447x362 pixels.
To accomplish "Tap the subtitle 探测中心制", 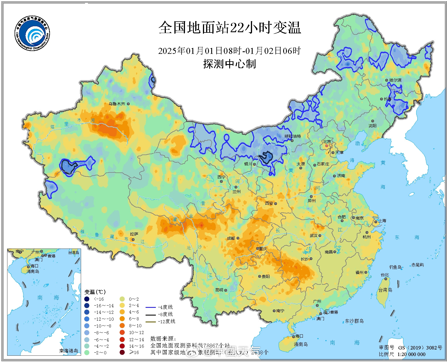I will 229,64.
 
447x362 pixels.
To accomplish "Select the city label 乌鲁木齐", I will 117,104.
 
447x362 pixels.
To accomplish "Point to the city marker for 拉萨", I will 133,240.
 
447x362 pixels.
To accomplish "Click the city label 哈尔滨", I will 395,80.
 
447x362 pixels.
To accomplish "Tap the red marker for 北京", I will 327,146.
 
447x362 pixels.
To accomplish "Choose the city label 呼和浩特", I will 293,136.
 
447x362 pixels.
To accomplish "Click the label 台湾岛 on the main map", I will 385,290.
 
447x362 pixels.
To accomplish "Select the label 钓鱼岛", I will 395,267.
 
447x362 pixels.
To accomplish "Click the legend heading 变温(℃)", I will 95,292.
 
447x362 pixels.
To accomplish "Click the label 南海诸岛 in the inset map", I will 69,351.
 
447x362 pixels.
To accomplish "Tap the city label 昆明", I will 219,290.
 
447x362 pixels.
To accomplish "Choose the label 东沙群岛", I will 354,321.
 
